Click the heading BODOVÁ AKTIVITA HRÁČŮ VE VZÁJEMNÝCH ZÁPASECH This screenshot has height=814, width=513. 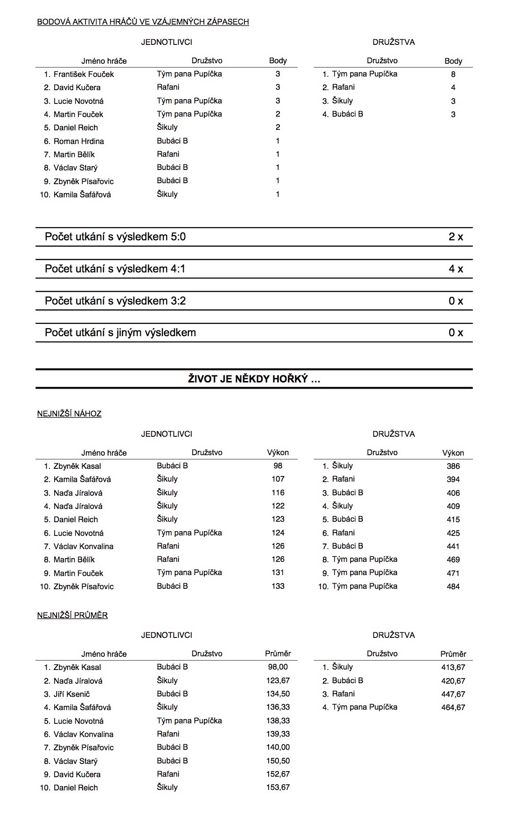[143, 22]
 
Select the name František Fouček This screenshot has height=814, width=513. [84, 74]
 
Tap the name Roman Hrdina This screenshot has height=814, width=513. [79, 141]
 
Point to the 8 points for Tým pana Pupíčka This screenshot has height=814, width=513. [453, 74]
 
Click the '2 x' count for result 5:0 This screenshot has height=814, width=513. [455, 237]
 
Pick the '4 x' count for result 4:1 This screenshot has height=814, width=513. [455, 269]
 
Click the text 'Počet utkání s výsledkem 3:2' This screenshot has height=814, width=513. [115, 301]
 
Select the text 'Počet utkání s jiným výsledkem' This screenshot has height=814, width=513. [120, 333]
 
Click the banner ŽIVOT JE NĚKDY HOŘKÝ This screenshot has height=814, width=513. [254, 379]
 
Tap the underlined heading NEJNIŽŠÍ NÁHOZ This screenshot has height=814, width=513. [69, 414]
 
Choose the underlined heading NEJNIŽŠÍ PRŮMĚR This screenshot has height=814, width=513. [72, 615]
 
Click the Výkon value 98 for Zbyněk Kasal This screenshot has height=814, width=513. [278, 466]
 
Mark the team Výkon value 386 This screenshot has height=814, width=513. [453, 466]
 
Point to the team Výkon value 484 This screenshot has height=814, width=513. [453, 586]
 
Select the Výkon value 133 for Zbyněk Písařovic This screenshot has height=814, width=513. [278, 586]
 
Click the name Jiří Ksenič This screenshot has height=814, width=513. [72, 694]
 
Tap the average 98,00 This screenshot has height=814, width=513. [278, 667]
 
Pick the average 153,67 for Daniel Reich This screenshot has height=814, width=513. [278, 788]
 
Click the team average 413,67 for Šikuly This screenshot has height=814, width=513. [453, 667]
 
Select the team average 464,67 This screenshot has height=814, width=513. [453, 707]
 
